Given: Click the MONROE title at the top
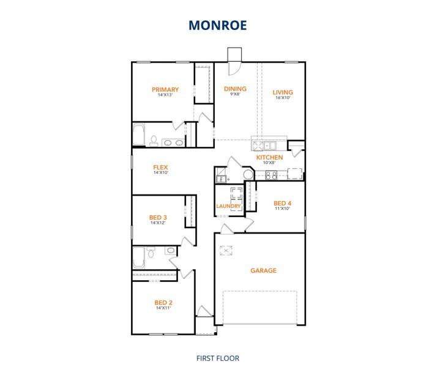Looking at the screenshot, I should pos(217,25).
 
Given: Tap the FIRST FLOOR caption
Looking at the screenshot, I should pos(217,358).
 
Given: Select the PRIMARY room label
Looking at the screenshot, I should pos(165,89).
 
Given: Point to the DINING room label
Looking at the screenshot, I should pos(235,89).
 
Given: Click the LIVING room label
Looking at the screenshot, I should pos(283,92).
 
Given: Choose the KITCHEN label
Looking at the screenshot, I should pos(269,157).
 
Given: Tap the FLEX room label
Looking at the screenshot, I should pos(160,167).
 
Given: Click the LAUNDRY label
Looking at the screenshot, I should pos(229,206).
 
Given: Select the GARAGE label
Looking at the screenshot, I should pos(263,270).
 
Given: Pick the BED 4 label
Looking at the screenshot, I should pos(283,203).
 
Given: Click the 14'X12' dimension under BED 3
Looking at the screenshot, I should pos(158,223).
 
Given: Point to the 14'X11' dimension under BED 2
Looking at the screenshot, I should pos(163,308).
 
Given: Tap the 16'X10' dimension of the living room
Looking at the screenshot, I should pos(283,98).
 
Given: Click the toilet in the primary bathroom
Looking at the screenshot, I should pos(153,141).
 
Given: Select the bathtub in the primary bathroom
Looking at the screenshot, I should pos(139,135).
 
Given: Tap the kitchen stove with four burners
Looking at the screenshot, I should pos(270,175).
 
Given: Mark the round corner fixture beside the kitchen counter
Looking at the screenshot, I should pos(248,175).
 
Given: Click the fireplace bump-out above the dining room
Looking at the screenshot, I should pos(234,55).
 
